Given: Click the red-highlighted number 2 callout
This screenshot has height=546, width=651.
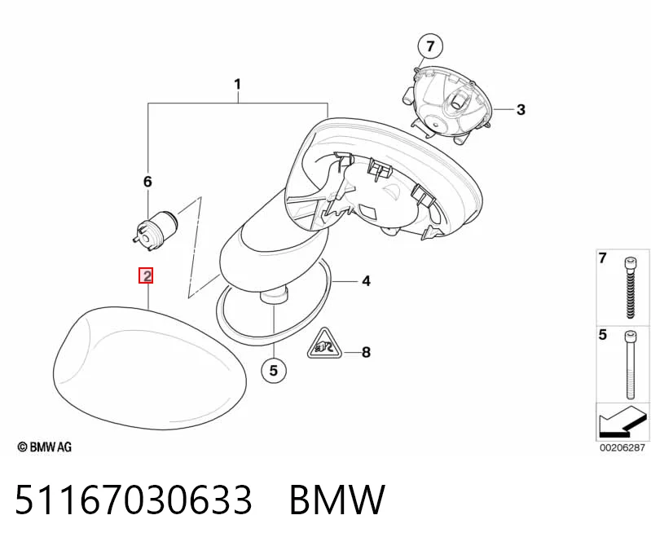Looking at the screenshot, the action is [x=146, y=275].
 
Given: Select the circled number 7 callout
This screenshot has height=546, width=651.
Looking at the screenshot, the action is [x=429, y=46].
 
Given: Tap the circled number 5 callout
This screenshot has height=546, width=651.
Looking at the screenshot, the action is [x=274, y=370].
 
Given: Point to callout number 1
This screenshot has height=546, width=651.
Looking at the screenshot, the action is [x=237, y=84].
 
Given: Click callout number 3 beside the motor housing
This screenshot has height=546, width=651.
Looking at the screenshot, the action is [x=521, y=110].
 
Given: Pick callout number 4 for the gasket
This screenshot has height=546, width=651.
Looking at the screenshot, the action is [x=366, y=281].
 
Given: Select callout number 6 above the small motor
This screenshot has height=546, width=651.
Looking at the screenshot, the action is [x=147, y=182].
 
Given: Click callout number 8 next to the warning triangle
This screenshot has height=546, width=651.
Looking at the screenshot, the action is [x=366, y=353].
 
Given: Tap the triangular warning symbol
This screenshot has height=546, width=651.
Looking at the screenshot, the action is [x=324, y=345].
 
